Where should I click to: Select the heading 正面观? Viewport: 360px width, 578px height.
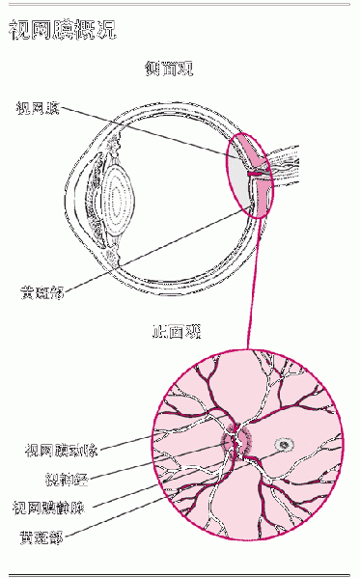178,332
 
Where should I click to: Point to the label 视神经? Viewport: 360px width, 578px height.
67,479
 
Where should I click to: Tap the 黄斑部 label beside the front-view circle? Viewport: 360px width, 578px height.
42,536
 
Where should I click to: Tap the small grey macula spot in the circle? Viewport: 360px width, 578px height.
285,445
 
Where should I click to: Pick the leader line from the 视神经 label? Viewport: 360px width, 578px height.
154,463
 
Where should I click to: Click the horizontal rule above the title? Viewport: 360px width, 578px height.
180,5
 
